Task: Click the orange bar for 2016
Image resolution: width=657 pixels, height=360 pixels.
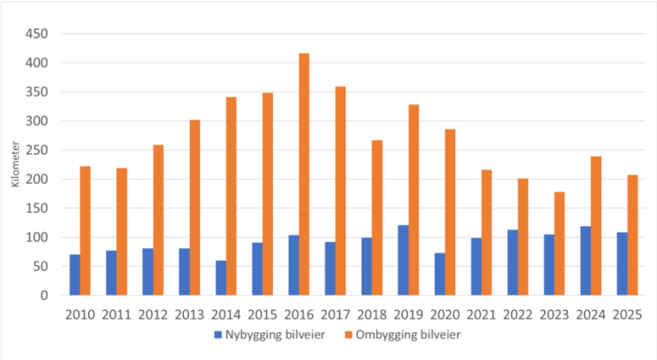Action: tap(304, 174)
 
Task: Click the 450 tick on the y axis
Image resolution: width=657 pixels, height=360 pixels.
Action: tap(38, 34)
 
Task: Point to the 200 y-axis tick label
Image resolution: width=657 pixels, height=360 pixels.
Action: tap(38, 180)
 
